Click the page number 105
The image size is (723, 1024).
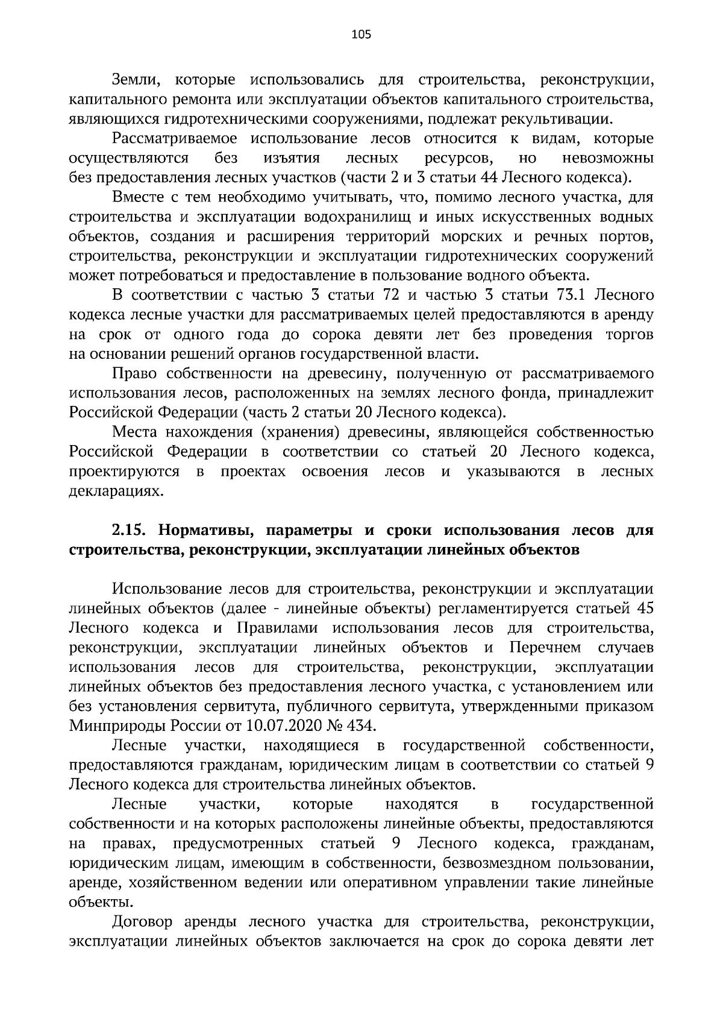361,34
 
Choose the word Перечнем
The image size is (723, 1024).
545,648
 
